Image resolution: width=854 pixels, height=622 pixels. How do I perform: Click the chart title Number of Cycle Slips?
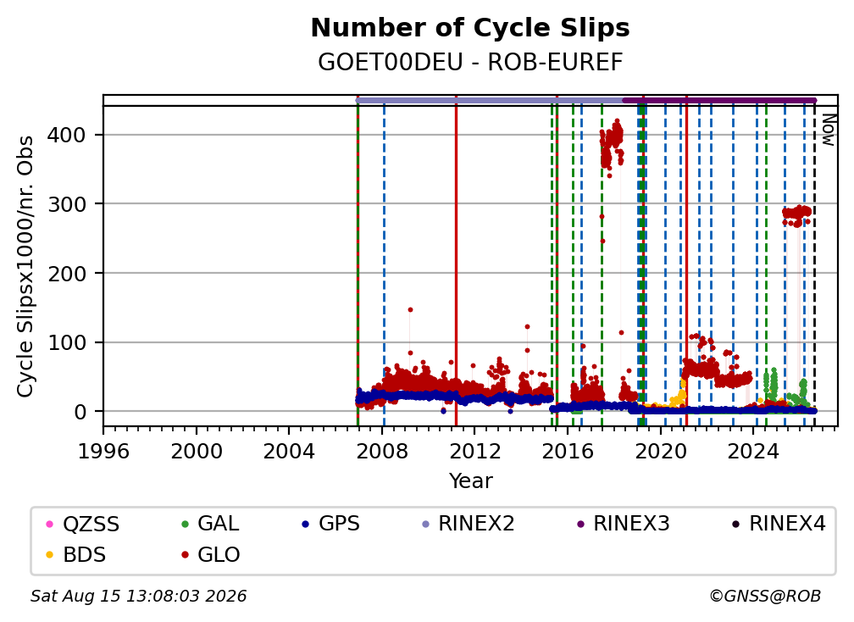470,28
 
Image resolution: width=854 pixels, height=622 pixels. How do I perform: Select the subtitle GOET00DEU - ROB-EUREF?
470,63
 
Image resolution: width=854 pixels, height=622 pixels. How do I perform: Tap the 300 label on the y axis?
66,204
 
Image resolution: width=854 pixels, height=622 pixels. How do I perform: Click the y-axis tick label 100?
66,342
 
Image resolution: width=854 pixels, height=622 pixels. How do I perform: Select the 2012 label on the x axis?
474,452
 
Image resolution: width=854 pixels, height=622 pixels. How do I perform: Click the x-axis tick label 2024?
752,452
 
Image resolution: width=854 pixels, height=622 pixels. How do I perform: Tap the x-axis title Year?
470,481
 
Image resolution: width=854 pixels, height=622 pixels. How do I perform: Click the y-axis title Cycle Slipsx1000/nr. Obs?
25,266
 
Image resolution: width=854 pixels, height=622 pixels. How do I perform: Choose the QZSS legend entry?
83,524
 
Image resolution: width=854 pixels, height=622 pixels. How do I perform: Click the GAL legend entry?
211,524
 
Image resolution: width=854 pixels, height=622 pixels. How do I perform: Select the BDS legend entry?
77,555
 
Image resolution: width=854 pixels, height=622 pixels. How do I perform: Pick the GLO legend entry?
211,555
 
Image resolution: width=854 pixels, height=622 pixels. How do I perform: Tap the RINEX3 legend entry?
623,524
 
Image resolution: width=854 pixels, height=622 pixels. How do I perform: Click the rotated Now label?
829,130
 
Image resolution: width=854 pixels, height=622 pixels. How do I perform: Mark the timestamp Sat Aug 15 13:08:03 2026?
138,596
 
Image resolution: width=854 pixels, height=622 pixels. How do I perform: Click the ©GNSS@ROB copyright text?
765,596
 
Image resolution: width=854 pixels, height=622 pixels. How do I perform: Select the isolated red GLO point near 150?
410,310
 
